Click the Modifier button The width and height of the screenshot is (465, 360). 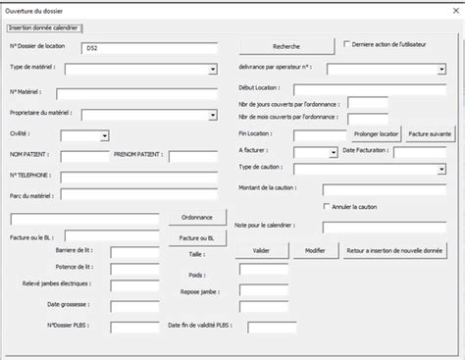coord(315,250)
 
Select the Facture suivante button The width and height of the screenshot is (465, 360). coord(429,131)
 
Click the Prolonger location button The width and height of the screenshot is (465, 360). coord(376,131)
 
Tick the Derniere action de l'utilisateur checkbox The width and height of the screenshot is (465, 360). coord(346,43)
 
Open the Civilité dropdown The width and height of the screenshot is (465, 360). coord(91,135)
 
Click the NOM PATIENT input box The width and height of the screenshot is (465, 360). coord(85,156)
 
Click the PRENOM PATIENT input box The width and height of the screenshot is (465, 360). coord(192,156)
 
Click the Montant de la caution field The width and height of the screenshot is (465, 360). coord(383,189)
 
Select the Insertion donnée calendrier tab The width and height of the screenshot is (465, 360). coord(45,26)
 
